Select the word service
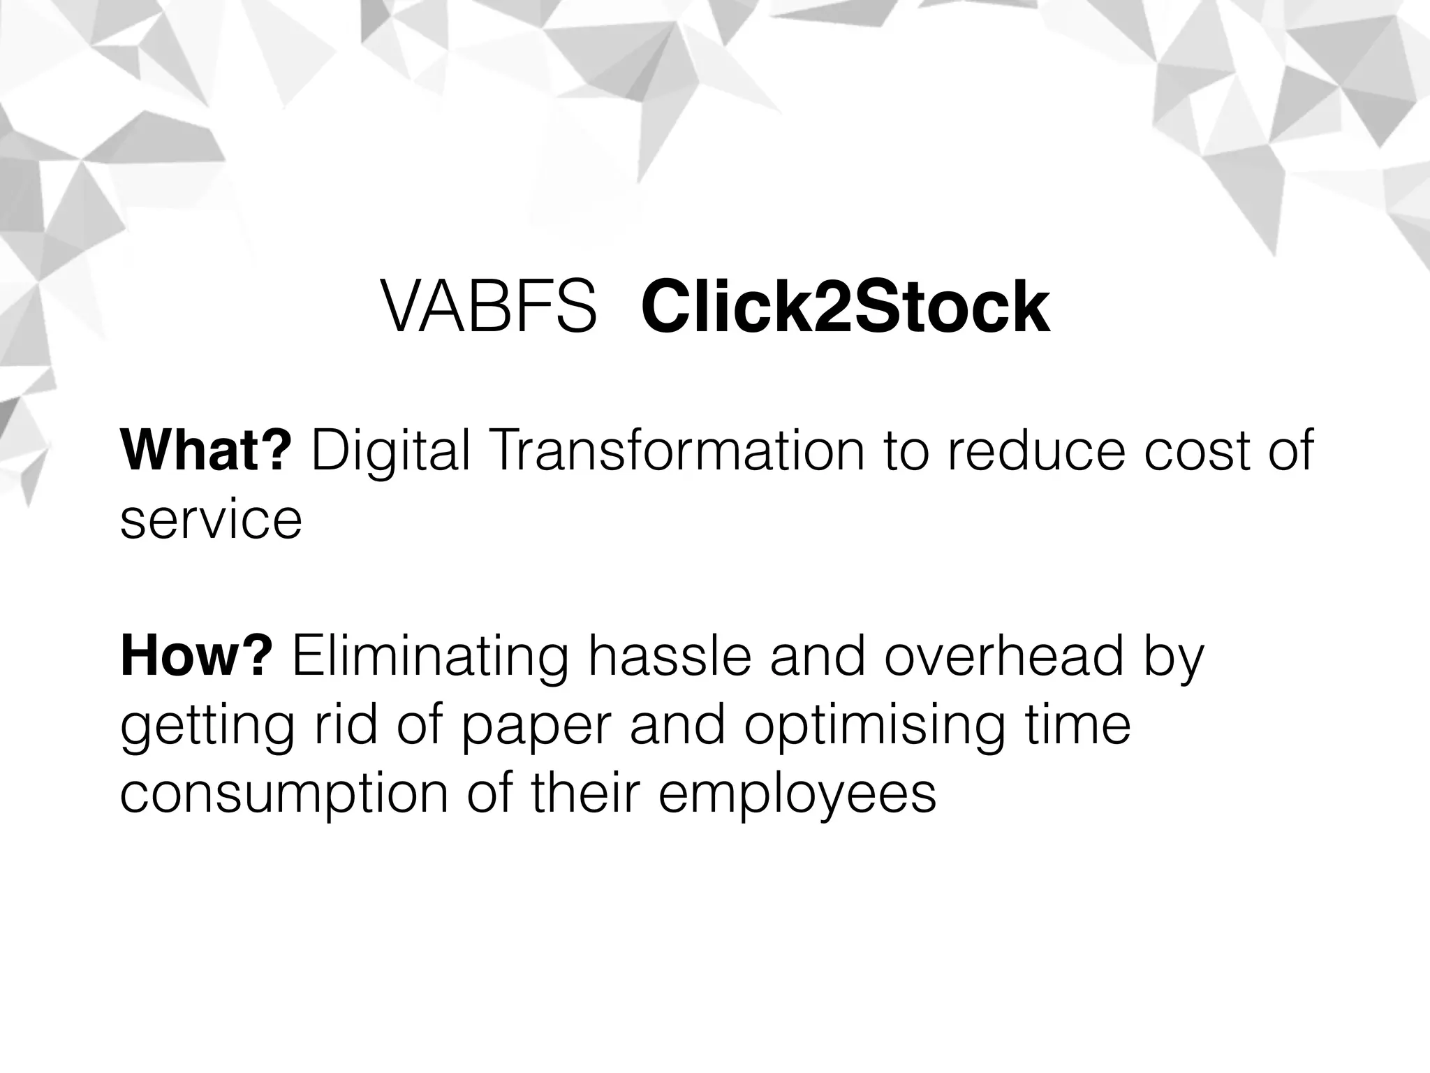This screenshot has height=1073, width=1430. click(211, 520)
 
